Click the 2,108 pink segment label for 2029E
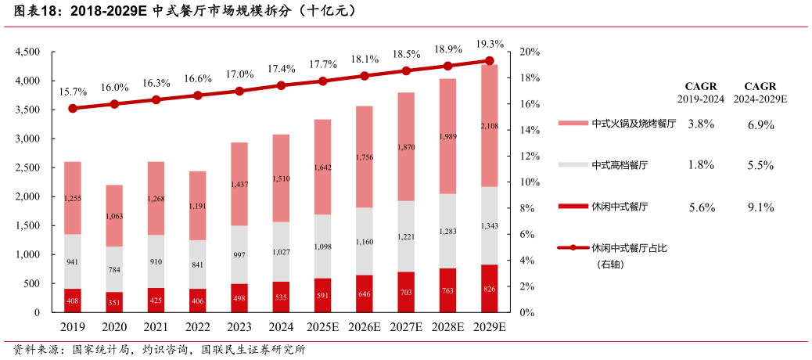click(x=489, y=126)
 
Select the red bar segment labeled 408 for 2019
click(x=73, y=300)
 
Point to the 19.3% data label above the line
click(x=490, y=44)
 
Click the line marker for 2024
click(x=281, y=85)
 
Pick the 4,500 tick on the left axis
click(x=27, y=52)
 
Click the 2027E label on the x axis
click(x=406, y=327)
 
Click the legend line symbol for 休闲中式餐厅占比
click(x=573, y=248)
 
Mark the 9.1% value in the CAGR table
click(x=760, y=207)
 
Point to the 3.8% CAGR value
click(x=700, y=124)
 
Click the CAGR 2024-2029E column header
click(x=760, y=92)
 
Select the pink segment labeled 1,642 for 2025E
click(x=322, y=167)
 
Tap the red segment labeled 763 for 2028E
click(x=447, y=290)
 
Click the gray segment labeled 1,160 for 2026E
click(x=365, y=242)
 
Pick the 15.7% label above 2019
click(x=73, y=92)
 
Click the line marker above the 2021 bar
click(x=156, y=100)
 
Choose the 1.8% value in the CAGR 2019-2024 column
click(x=700, y=165)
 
